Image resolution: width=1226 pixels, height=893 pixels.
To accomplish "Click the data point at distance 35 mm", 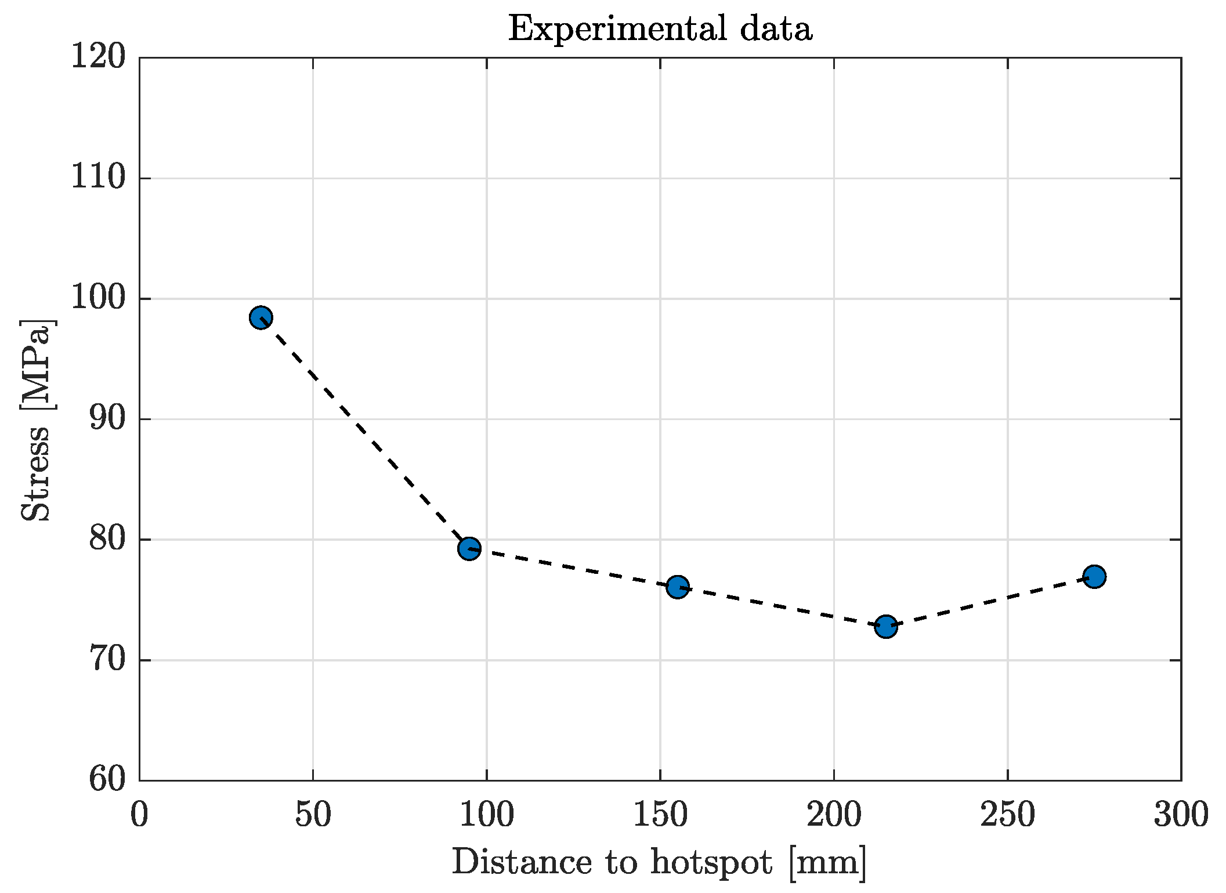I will [x=261, y=317].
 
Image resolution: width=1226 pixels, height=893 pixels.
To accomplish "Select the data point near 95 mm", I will [x=469, y=548].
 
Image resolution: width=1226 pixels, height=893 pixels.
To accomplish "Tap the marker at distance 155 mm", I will [x=677, y=587].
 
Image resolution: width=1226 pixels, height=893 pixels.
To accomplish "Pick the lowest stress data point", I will [x=886, y=626].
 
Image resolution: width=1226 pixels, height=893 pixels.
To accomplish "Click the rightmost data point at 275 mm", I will [x=1094, y=576].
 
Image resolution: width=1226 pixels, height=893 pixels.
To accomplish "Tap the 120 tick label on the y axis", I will [x=98, y=58].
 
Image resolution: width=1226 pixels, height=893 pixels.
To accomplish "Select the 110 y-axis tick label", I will [x=98, y=178].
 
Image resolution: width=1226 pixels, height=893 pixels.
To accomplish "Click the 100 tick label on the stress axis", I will [x=98, y=298].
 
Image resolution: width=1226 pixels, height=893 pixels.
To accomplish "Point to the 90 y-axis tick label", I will [x=107, y=419].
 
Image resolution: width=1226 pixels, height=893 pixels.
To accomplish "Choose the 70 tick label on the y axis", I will [x=107, y=660].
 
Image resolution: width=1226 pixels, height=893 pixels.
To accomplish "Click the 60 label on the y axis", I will [x=107, y=780].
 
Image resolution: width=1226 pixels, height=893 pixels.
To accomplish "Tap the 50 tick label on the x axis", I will [x=313, y=815].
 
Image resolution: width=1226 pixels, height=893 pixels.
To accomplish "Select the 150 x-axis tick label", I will [x=660, y=815].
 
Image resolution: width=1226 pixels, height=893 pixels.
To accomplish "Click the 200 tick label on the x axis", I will [x=834, y=815].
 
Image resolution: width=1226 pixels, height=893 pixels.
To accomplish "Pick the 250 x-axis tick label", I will [x=1007, y=815].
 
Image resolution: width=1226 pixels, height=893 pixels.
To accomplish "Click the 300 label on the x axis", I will [x=1181, y=815].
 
